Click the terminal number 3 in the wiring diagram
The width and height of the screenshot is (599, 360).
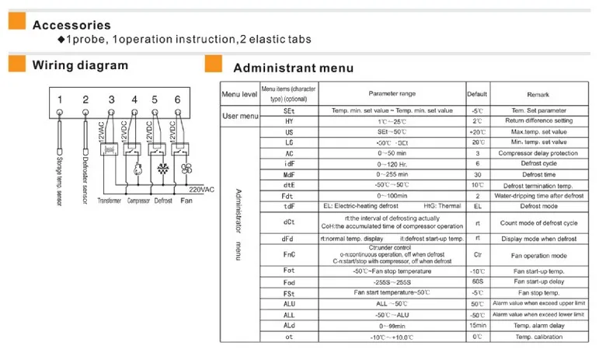(x=112, y=100)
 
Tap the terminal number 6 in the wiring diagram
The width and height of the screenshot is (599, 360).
(x=178, y=100)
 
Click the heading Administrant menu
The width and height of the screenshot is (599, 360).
(x=293, y=68)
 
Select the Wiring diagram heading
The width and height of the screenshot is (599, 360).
(x=80, y=65)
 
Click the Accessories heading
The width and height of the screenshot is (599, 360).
(x=71, y=26)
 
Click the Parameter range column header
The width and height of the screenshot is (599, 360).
(x=392, y=94)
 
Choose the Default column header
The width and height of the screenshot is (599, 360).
(x=477, y=94)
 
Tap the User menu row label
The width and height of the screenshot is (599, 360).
(x=240, y=116)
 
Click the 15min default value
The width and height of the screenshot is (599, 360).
(x=477, y=325)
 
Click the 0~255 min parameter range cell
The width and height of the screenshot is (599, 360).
(x=392, y=174)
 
